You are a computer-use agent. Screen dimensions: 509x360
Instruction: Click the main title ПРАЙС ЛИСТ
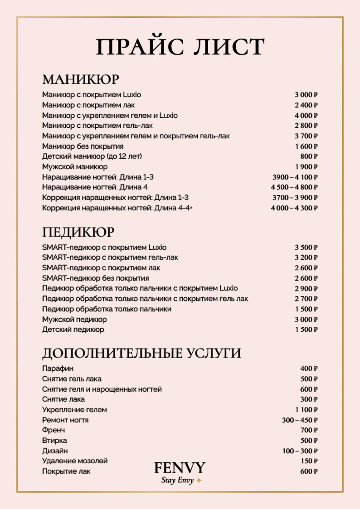click(180, 47)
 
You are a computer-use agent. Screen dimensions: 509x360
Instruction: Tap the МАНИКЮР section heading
click(80, 80)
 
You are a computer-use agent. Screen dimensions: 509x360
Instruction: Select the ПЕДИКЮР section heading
click(78, 233)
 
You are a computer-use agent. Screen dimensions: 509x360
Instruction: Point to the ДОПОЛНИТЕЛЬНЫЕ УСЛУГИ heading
click(141, 354)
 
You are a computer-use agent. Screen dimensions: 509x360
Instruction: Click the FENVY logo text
click(180, 468)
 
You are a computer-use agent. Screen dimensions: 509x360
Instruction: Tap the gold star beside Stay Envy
click(199, 480)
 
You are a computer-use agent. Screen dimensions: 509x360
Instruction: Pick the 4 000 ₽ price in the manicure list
click(306, 116)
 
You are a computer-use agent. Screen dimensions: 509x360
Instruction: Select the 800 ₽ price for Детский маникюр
click(309, 156)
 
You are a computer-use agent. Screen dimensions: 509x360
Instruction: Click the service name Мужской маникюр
click(75, 167)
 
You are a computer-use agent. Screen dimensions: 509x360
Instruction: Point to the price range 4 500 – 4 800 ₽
click(294, 187)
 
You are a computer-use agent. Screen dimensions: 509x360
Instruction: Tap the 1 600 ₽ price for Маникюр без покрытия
click(306, 146)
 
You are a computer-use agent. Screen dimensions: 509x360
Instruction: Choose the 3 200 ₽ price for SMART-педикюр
click(306, 258)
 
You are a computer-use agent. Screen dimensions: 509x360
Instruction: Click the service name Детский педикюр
click(73, 330)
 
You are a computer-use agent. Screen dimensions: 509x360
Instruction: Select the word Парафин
click(58, 368)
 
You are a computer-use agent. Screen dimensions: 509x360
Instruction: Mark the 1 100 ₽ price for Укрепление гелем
click(306, 410)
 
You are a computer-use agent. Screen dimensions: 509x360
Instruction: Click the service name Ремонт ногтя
click(65, 420)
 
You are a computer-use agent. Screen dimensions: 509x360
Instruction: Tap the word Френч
click(54, 430)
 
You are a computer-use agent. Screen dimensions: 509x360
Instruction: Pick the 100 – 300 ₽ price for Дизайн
click(300, 451)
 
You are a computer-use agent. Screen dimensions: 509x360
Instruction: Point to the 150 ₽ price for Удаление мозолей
click(309, 461)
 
